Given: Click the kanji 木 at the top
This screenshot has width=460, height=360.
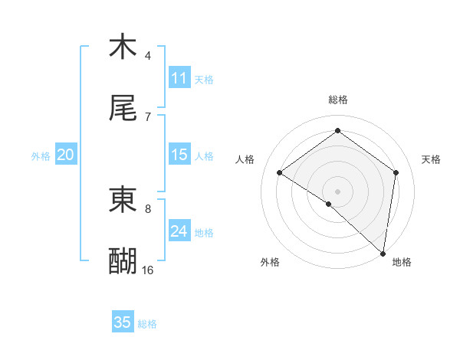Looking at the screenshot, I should [x=123, y=47].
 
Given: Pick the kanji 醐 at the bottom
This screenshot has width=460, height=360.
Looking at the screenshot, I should [x=123, y=261].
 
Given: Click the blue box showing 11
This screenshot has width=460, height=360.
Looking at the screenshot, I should [x=179, y=78].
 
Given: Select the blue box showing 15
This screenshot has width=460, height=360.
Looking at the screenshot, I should [x=179, y=155].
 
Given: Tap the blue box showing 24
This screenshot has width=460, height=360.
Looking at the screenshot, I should [x=179, y=231].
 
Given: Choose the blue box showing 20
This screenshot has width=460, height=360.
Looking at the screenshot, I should [x=66, y=155].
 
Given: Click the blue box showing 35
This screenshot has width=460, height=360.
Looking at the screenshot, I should [x=123, y=322].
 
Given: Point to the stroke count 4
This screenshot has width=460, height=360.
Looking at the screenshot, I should [x=148, y=55].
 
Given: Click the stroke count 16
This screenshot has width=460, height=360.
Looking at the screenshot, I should [x=148, y=270].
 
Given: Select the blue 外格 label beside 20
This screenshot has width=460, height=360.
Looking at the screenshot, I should [x=41, y=155].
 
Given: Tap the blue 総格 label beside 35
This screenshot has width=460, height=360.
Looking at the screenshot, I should [x=147, y=323].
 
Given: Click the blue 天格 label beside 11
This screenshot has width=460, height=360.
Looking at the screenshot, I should [x=204, y=79].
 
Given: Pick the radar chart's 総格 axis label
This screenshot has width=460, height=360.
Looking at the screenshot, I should [x=337, y=100].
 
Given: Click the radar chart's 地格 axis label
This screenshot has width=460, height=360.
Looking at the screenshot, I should [x=402, y=262].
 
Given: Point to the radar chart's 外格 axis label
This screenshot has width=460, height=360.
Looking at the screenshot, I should [x=270, y=262].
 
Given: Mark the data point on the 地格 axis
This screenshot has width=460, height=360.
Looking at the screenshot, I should [x=383, y=254].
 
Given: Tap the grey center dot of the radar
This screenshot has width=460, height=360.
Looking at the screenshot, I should [x=337, y=191].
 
